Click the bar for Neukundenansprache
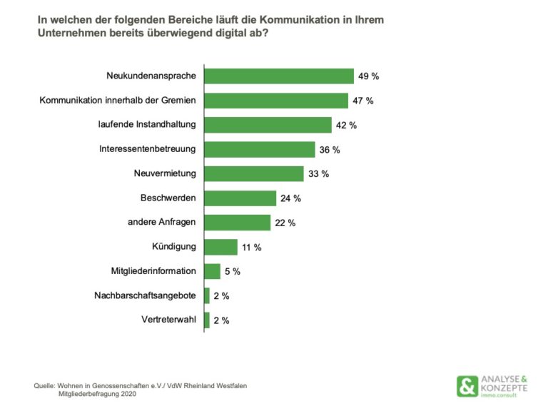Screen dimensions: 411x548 pos(279,76)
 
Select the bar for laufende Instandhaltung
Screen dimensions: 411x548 pos(268,125)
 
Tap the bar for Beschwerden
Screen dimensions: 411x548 pos(240,198)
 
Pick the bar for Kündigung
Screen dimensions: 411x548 pos(221,247)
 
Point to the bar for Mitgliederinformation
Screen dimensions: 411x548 pos(213,271)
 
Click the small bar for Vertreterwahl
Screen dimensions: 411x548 pos(207,320)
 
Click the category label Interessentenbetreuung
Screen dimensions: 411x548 pos(148,149)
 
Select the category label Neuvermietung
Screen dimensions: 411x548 pos(166,173)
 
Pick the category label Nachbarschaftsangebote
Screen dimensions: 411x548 pos(146,295)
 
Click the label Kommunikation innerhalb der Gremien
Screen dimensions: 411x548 pos(118,100)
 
